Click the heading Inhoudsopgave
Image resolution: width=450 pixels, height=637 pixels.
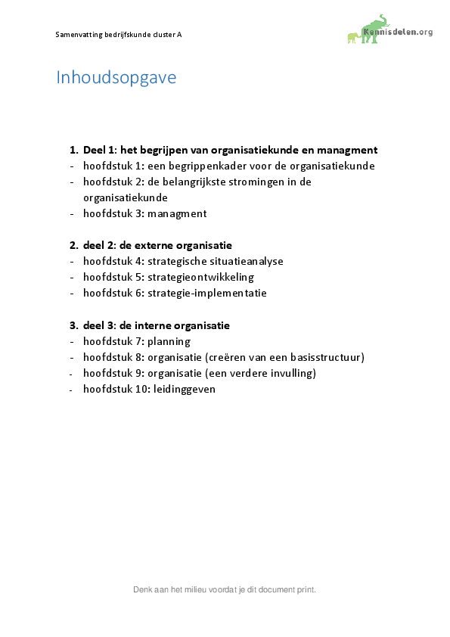pyautogui.click(x=116, y=77)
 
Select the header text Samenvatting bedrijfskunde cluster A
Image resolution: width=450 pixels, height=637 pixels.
pyautogui.click(x=119, y=35)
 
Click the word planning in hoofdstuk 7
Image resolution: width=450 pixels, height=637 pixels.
pyautogui.click(x=169, y=341)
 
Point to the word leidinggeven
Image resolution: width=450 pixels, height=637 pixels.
pyautogui.click(x=185, y=389)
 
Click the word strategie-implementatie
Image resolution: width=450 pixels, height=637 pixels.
pyautogui.click(x=207, y=293)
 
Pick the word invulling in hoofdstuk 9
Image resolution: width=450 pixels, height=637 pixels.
pyautogui.click(x=291, y=373)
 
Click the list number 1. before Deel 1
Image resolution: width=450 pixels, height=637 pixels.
pyautogui.click(x=73, y=150)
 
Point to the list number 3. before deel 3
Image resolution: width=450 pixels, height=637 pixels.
pyautogui.click(x=73, y=325)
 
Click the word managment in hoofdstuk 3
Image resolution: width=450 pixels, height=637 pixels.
pyautogui.click(x=177, y=213)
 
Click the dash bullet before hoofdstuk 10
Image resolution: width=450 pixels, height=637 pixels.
pyautogui.click(x=73, y=389)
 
